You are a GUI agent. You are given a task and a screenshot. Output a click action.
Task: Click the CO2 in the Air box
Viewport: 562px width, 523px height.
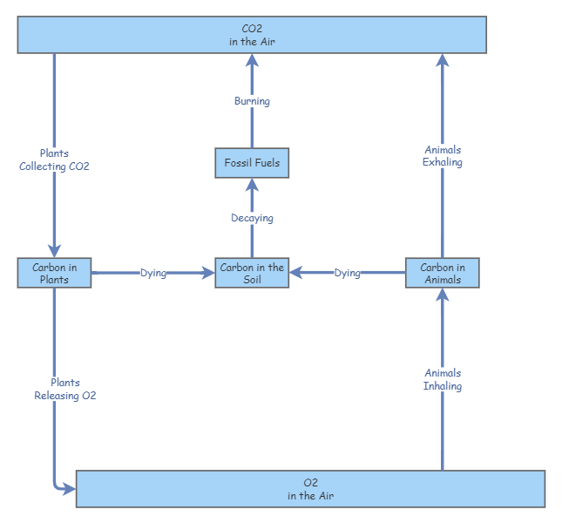click(x=252, y=35)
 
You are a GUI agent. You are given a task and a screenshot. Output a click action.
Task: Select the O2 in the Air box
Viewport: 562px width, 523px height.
click(x=310, y=489)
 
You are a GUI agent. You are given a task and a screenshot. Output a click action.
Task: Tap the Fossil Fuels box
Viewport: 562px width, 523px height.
click(x=252, y=163)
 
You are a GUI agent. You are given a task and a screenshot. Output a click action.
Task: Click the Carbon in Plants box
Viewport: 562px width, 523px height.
click(x=54, y=273)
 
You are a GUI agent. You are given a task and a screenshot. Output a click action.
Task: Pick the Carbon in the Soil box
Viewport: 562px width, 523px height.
click(x=252, y=273)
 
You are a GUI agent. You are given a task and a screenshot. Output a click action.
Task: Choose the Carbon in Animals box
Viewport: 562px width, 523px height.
click(x=442, y=273)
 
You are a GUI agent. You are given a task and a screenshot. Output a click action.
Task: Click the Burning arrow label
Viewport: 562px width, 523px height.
click(x=252, y=101)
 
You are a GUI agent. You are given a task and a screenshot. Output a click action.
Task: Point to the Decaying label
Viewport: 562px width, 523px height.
click(x=252, y=218)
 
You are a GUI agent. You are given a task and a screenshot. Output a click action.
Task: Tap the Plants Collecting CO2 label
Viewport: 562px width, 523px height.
click(x=54, y=160)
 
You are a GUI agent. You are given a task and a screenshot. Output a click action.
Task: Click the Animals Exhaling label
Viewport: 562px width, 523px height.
click(x=442, y=156)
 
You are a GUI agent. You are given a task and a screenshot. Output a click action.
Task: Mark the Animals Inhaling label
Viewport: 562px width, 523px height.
click(x=442, y=379)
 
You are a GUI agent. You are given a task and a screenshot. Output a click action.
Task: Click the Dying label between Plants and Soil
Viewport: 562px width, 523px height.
click(x=153, y=273)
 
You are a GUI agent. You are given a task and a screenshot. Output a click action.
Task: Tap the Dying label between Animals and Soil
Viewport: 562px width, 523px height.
click(x=347, y=273)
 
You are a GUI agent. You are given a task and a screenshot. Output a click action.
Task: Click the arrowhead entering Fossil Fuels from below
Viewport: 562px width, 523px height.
click(x=252, y=184)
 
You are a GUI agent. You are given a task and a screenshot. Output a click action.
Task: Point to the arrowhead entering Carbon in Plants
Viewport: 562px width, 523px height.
click(x=54, y=251)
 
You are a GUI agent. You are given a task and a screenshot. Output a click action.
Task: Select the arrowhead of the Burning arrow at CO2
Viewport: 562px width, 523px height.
click(x=252, y=60)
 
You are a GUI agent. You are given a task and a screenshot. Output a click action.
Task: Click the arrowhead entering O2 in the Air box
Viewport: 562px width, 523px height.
click(x=69, y=489)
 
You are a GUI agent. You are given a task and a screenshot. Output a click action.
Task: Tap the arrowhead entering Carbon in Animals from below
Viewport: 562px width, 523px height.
click(x=442, y=295)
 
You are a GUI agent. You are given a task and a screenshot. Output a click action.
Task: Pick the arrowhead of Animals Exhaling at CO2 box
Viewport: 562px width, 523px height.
click(x=442, y=60)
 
